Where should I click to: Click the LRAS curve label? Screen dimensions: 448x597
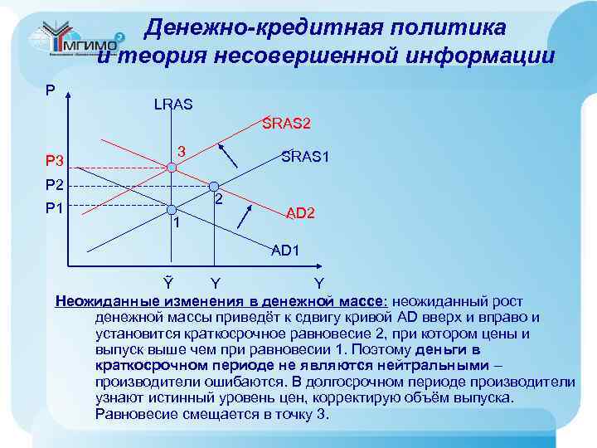coord(172,105)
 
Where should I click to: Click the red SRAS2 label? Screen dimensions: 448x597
coord(286,124)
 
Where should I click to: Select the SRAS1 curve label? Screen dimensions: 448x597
coord(307,155)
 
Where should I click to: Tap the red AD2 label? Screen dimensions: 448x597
coord(301,213)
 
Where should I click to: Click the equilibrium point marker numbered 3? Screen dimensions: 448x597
coord(172,168)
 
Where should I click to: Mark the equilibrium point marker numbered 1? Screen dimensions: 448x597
coord(172,209)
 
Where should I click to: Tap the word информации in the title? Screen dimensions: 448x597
coord(477,56)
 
